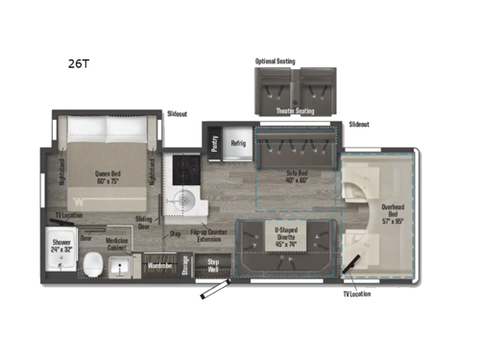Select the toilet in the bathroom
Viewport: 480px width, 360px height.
94,265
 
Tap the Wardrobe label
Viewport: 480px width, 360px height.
159,261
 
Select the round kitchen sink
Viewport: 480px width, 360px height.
180,204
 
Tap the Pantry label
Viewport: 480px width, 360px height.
213,141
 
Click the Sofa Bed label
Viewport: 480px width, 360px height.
298,177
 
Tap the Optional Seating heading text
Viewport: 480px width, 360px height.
276,61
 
